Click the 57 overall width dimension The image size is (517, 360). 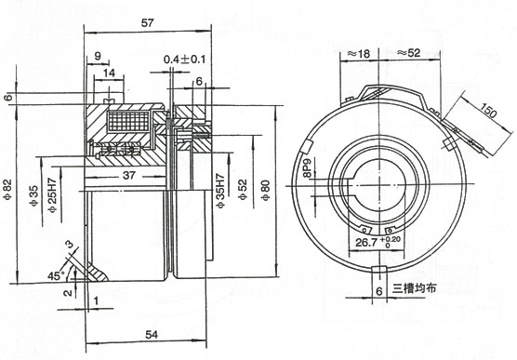[148, 23]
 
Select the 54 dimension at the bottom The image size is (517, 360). [152, 335]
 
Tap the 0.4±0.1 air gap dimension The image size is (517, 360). [184, 60]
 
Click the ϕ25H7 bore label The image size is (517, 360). [53, 194]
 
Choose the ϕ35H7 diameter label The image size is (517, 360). [220, 191]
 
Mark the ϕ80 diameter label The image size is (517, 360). [266, 191]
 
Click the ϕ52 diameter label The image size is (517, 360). [243, 190]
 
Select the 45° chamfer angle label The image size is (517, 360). [55, 275]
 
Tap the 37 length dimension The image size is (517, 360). [129, 175]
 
